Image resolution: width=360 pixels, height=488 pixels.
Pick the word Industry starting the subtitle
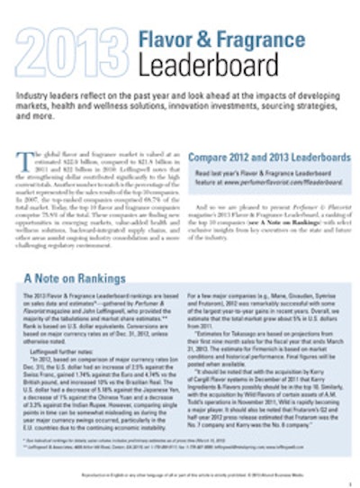point(37,95)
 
